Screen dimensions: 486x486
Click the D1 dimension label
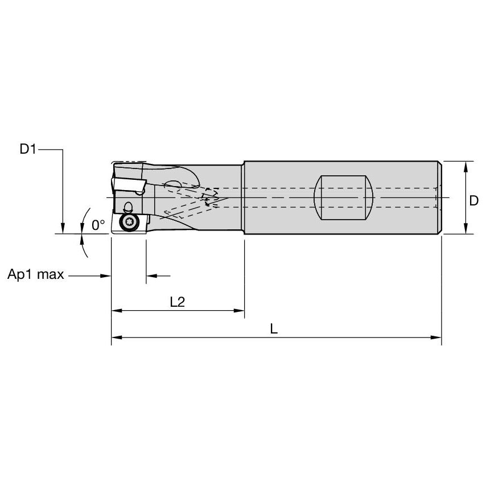(x=28, y=150)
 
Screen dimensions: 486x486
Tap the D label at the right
(x=473, y=200)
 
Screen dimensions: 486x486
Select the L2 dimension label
(x=178, y=302)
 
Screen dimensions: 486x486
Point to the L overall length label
(x=274, y=329)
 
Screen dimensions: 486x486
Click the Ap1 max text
(x=35, y=275)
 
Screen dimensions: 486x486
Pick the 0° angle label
(x=98, y=225)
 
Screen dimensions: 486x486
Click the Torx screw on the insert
(x=129, y=223)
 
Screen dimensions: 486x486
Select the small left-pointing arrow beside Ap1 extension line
(x=151, y=276)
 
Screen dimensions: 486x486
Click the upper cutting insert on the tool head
(x=129, y=186)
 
